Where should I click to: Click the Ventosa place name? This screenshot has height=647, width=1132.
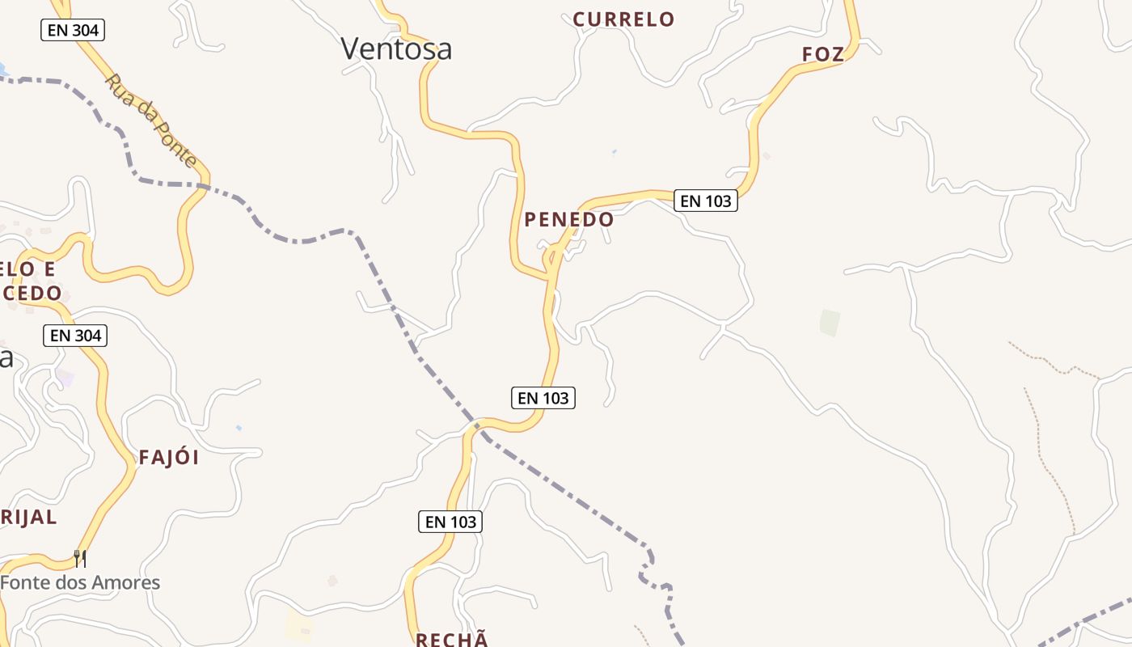click(396, 49)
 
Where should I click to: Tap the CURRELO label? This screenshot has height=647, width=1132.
click(623, 19)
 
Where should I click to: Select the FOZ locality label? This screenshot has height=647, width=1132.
click(823, 54)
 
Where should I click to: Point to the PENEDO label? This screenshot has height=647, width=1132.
click(569, 219)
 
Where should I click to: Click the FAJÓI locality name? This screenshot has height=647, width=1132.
click(169, 458)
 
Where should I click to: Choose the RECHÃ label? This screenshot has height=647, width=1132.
click(452, 640)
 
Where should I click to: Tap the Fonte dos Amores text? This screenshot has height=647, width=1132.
click(80, 582)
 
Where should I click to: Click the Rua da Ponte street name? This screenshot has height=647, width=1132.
click(151, 121)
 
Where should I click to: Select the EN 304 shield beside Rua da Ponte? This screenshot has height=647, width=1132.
click(73, 31)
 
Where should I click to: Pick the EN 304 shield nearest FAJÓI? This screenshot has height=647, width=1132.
click(75, 336)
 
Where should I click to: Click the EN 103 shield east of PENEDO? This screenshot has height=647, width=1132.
click(706, 201)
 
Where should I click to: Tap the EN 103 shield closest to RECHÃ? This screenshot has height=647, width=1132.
click(450, 522)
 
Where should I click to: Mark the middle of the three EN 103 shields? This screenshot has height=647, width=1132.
click(543, 397)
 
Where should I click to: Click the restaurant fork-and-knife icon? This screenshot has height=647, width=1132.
click(80, 558)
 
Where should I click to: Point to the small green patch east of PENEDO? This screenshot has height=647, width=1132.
click(830, 323)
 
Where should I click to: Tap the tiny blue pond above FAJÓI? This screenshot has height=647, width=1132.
click(238, 427)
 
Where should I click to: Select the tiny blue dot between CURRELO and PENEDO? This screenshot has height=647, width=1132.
click(614, 151)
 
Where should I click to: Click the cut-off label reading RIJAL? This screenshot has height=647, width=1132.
click(28, 518)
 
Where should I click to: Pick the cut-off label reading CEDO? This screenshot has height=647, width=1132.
click(32, 293)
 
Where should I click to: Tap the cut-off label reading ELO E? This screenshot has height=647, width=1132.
click(28, 269)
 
